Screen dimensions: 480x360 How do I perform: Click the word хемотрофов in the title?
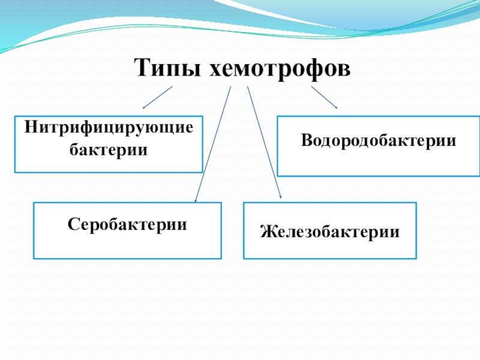pos(279,68)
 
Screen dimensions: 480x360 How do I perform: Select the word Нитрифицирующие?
pos(109,128)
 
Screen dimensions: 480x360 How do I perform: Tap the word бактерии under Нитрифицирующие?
pos(109,148)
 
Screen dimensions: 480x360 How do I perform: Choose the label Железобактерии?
pos(329,230)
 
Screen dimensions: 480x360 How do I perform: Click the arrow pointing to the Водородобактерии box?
pos(324,97)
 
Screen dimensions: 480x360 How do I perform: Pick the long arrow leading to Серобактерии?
pos(212,144)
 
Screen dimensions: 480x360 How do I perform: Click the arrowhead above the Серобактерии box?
pos(196,200)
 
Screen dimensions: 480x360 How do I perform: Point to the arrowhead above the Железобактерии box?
pos(280,196)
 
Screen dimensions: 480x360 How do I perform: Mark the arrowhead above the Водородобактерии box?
pos(336,107)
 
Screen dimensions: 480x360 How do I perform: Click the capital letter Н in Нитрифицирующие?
pos(30,128)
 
